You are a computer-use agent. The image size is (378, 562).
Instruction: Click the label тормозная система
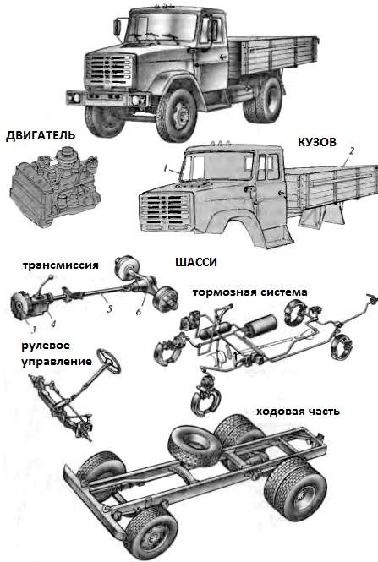(249, 292)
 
